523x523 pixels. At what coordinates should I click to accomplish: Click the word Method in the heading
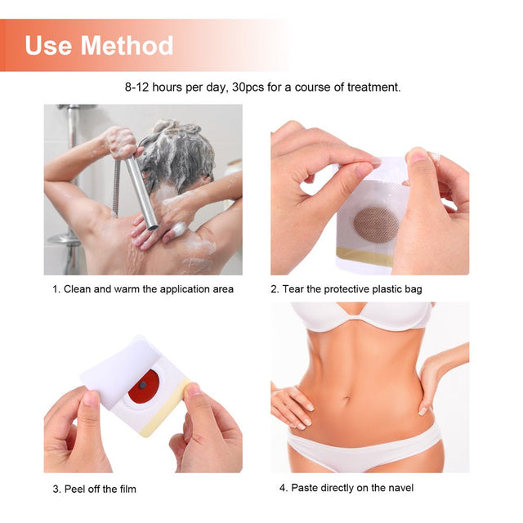pyautogui.click(x=128, y=45)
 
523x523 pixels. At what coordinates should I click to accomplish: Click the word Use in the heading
pyautogui.click(x=48, y=45)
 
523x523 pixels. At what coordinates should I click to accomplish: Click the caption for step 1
pyautogui.click(x=143, y=288)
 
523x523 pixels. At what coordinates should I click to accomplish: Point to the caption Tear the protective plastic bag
pyautogui.click(x=346, y=288)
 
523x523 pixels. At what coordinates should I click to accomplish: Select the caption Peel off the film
pyautogui.click(x=94, y=489)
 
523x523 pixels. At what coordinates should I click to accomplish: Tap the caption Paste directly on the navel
pyautogui.click(x=346, y=488)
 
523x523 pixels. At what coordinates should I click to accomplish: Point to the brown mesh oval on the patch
pyautogui.click(x=375, y=223)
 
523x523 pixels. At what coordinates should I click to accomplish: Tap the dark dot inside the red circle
pyautogui.click(x=143, y=384)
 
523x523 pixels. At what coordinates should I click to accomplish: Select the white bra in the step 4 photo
pyautogui.click(x=361, y=315)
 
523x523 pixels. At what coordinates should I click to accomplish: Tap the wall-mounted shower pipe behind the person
pyautogui.click(x=73, y=180)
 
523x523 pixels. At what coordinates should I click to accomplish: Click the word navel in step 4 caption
pyautogui.click(x=399, y=488)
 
